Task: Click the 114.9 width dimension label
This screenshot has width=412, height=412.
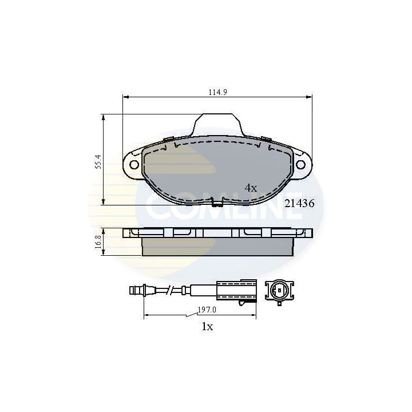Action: [x=217, y=92]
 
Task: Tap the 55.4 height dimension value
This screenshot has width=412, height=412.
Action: [x=98, y=161]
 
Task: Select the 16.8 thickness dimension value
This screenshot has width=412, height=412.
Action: [x=98, y=241]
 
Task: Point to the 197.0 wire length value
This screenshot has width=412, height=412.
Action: [x=207, y=310]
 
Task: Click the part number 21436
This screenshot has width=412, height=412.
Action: [x=299, y=203]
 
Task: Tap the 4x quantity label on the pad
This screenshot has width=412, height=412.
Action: [x=251, y=188]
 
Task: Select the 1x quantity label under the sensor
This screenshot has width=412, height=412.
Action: [x=207, y=327]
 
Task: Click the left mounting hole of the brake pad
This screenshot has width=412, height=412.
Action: [x=134, y=165]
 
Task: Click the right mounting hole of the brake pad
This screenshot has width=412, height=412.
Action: [x=300, y=165]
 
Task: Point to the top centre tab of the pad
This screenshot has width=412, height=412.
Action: [x=217, y=125]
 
